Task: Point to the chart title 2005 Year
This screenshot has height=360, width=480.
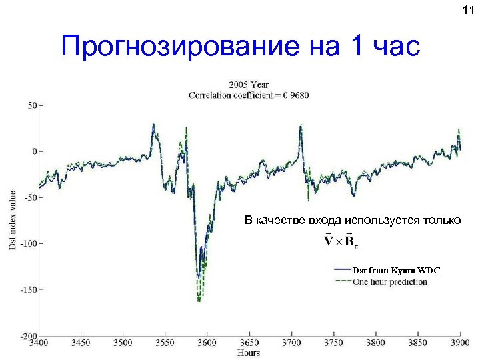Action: pyautogui.click(x=249, y=85)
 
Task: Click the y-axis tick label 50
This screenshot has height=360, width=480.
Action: pyautogui.click(x=31, y=105)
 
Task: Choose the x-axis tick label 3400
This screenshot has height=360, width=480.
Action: pyautogui.click(x=39, y=343)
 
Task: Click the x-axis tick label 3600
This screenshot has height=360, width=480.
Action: pyautogui.click(x=207, y=343)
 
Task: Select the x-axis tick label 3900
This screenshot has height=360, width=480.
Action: pyautogui.click(x=460, y=343)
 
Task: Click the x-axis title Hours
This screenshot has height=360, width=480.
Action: pyautogui.click(x=249, y=353)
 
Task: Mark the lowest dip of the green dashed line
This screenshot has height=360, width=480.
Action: pyautogui.click(x=199, y=301)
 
